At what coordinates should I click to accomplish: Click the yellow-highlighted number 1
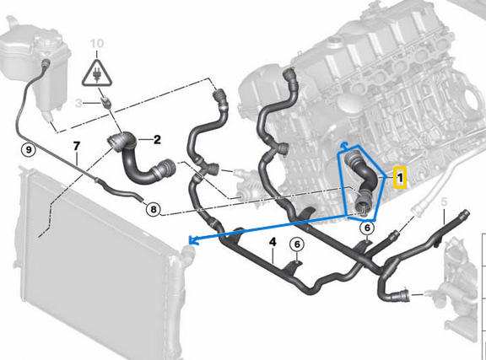pos(400,178)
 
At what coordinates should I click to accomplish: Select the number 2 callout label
pos(156,139)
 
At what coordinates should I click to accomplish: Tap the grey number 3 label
pos(78,103)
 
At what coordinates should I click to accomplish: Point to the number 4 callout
pos(273,244)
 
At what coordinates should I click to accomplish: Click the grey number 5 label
pos(444,201)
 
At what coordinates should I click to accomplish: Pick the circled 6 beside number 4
pos(296,244)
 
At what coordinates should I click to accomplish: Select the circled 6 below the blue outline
pos(368,228)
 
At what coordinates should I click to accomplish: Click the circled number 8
pos(153,209)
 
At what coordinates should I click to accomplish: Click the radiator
pos(84,270)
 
